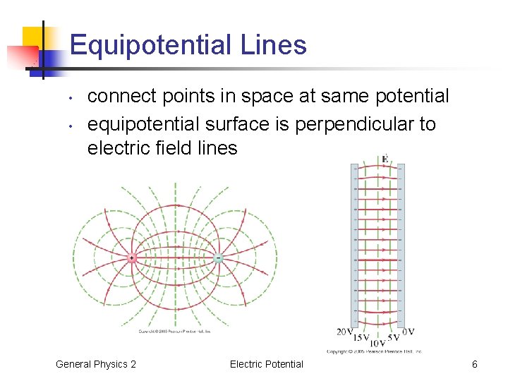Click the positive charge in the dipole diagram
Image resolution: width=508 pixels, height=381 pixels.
132,258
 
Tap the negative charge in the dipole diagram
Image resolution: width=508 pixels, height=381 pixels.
218,258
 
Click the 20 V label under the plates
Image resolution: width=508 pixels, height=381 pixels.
345,332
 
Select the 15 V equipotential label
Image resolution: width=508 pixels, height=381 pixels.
361,338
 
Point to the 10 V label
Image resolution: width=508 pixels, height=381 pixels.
377,344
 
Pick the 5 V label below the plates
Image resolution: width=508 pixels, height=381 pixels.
394,338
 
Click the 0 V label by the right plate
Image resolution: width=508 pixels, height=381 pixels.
408,332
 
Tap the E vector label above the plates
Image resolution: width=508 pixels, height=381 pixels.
385,159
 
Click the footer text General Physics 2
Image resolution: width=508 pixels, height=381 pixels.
96,364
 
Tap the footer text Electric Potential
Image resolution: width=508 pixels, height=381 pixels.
266,364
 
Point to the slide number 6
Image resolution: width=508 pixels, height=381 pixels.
475,364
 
